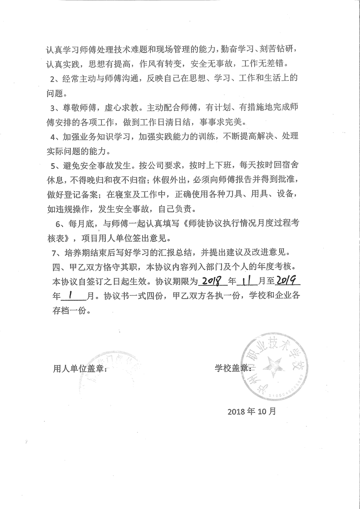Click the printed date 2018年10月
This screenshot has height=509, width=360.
pyautogui.click(x=252, y=412)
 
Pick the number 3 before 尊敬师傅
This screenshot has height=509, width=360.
pyautogui.click(x=53, y=108)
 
